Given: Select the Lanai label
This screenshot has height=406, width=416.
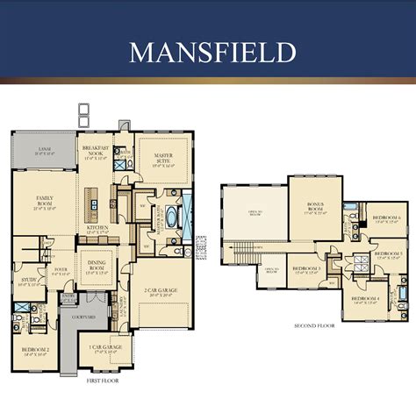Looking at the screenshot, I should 42,151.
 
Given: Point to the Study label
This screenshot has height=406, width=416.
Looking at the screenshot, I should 29,282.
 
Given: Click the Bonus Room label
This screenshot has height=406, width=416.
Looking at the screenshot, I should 314,209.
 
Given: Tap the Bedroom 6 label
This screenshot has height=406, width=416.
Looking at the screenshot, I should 386,218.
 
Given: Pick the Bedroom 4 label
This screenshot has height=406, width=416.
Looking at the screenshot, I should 364,299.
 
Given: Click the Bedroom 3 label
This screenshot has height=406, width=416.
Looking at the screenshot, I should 306,269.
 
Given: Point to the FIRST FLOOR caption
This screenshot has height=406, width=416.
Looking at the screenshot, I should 104,382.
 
